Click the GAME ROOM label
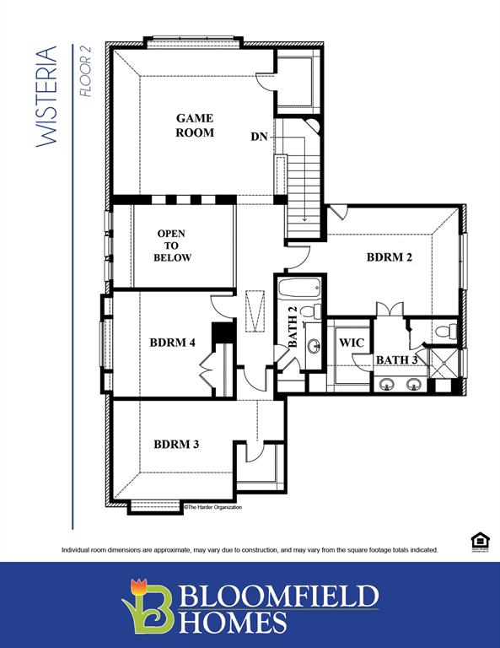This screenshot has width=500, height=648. (x=194, y=126)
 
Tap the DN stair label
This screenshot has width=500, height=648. (x=260, y=137)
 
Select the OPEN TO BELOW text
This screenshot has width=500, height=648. (x=172, y=246)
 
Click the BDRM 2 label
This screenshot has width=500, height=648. (x=389, y=257)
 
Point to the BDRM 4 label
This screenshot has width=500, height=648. (x=172, y=343)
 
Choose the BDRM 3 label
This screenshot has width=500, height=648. (x=176, y=444)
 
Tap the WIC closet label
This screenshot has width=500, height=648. (x=351, y=344)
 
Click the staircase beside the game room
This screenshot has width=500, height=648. (x=301, y=181)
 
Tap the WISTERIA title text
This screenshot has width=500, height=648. (x=48, y=97)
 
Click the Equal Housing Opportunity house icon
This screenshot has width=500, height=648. (x=478, y=541)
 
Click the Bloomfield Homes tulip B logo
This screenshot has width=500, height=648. (x=148, y=603)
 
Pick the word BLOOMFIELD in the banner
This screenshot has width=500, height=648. (x=278, y=597)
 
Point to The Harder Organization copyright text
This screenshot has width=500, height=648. (x=212, y=507)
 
